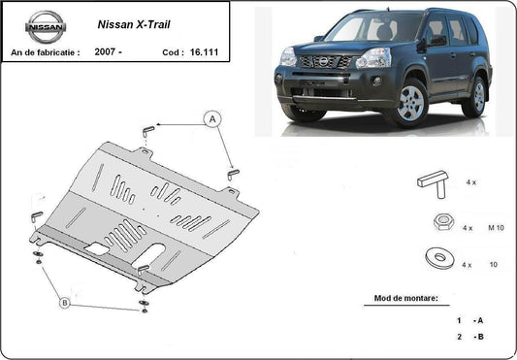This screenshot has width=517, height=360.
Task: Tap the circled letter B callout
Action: coord(65,303)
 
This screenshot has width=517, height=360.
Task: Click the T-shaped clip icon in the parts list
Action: coord(434,180)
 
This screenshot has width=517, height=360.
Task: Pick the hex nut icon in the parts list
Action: coord(439,222)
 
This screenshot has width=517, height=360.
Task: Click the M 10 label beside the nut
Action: coord(496,227)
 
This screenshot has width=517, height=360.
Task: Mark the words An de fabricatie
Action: coord(46,49)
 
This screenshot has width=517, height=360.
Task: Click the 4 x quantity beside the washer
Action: coord(468,264)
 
